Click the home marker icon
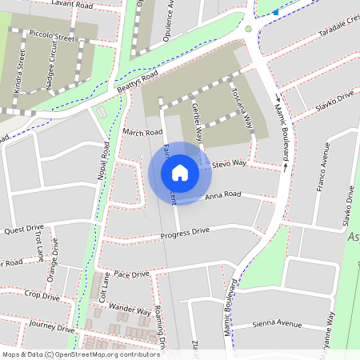180,172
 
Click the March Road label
143,131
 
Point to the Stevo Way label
230,164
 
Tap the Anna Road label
222,194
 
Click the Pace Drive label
131,274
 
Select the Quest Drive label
24,229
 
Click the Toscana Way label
243,110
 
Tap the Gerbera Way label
196,121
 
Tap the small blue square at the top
275,12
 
